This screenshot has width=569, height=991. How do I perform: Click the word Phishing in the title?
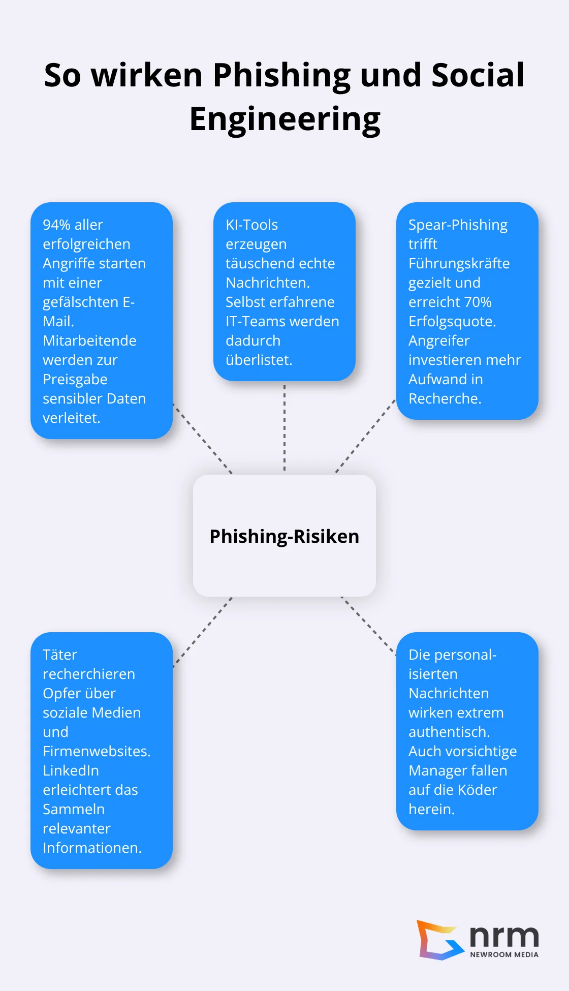(281, 75)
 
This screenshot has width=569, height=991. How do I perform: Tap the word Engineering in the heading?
(284, 119)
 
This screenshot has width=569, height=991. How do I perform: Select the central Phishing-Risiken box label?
(284, 536)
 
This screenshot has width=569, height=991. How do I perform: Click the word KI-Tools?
(251, 225)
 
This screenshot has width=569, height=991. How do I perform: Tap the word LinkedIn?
(71, 770)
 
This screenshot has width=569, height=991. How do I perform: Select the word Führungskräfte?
(459, 263)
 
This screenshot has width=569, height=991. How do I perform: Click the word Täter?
(60, 655)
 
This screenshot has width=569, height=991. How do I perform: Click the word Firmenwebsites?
(96, 751)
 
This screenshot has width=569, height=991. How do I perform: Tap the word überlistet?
(258, 360)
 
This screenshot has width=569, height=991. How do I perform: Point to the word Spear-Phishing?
(458, 225)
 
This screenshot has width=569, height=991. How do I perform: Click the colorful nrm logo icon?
(438, 940)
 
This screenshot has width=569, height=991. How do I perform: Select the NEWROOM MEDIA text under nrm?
(504, 954)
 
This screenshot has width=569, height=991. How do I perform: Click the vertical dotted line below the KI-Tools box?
(284, 427)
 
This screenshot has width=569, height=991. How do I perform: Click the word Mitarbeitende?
(89, 340)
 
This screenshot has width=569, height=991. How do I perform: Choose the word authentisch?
(449, 732)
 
